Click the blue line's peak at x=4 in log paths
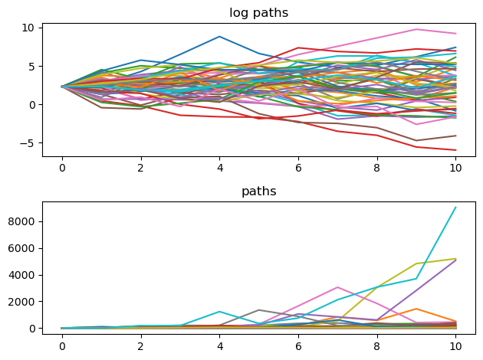[219, 37]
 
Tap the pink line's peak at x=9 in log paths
[416, 29]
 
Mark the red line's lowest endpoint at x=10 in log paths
[456, 150]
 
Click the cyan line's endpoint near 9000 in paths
[456, 208]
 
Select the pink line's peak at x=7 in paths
[337, 287]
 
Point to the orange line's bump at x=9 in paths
[416, 309]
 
